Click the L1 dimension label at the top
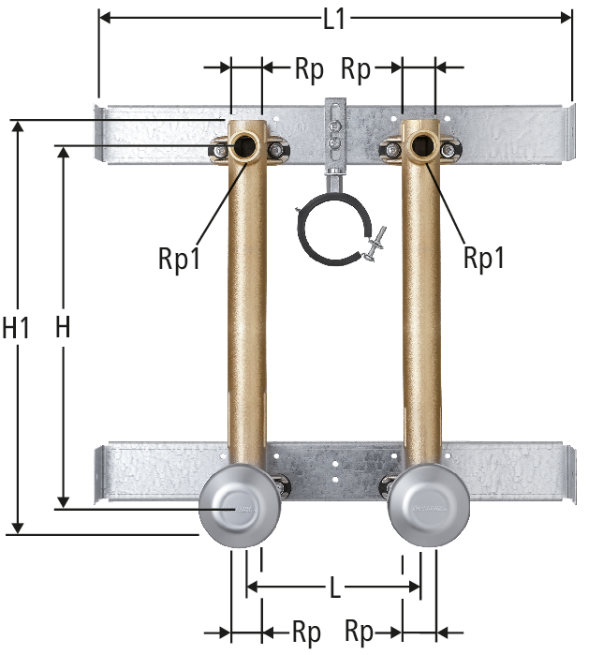334,19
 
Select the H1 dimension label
16,327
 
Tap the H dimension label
63,327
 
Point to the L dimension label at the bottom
335,588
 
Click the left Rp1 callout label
180,259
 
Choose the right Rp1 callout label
484,258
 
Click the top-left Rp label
309,69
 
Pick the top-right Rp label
356,69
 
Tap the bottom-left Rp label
307,632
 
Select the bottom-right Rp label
359,632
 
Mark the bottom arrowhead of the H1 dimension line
17,528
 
